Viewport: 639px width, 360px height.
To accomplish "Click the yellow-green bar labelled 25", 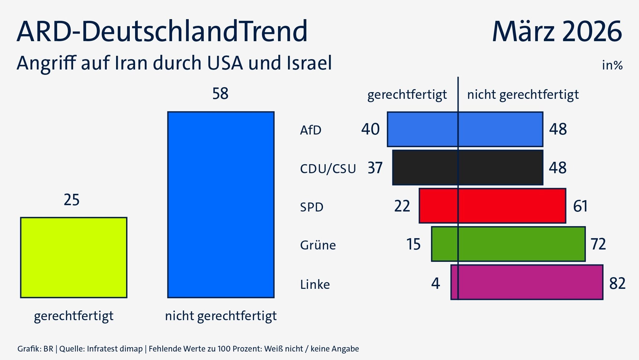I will tap(74, 258).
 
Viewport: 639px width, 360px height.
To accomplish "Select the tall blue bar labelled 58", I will tap(221, 205).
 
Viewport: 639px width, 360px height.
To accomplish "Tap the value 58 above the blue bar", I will tap(220, 94).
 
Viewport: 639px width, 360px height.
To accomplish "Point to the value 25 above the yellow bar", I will tap(72, 200).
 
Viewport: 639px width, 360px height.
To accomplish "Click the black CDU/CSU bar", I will tap(467, 168).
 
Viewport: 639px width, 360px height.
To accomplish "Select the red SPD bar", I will tap(492, 206).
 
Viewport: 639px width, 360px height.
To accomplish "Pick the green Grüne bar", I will tap(508, 244).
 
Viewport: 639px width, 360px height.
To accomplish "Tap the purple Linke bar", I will tap(527, 282).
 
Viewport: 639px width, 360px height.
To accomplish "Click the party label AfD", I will tap(310, 130).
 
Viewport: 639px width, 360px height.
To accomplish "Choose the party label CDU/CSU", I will tap(328, 169).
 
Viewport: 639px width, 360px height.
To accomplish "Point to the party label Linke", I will tap(315, 284).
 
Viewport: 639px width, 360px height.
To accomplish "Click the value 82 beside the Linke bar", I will tap(617, 284).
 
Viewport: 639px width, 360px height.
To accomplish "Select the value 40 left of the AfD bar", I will tap(370, 129).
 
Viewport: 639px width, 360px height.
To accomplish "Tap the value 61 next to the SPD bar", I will tap(580, 206).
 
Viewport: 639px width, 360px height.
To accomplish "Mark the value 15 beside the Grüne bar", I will tap(413, 244).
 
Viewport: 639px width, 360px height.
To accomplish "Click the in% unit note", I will tap(612, 65).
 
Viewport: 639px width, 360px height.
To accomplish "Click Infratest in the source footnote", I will tap(99, 349).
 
